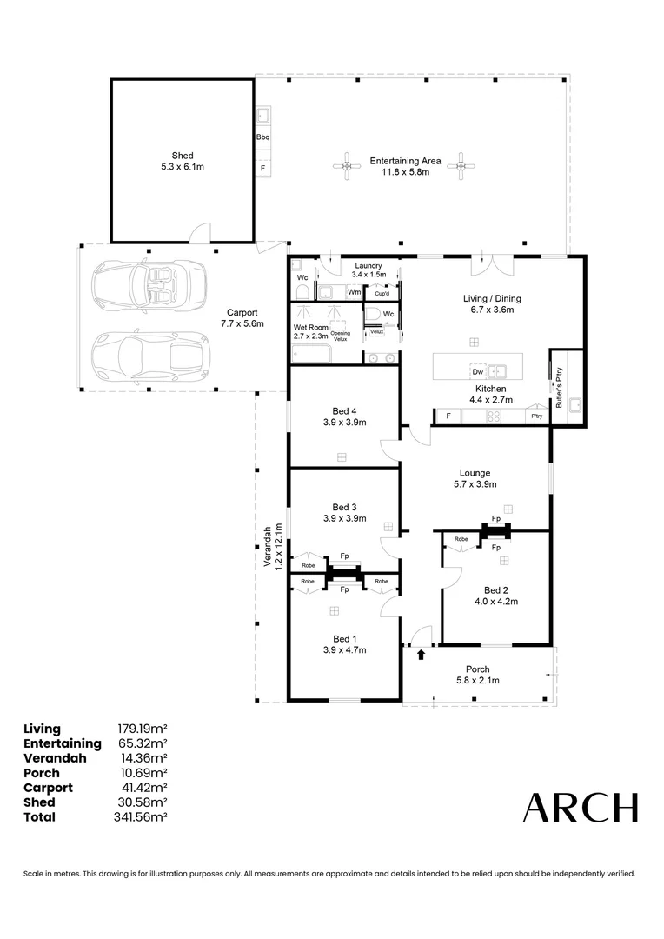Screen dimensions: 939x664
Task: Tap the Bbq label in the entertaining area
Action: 263,137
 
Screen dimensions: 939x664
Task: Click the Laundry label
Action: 367,265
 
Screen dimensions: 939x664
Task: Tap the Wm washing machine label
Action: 354,292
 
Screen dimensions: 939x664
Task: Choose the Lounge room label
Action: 474,473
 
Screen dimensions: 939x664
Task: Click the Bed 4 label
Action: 344,411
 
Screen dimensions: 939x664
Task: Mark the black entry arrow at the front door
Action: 422,654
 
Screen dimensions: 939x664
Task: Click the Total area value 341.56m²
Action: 142,817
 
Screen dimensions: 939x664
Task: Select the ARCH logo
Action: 580,808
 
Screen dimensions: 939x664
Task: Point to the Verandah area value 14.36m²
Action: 142,758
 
